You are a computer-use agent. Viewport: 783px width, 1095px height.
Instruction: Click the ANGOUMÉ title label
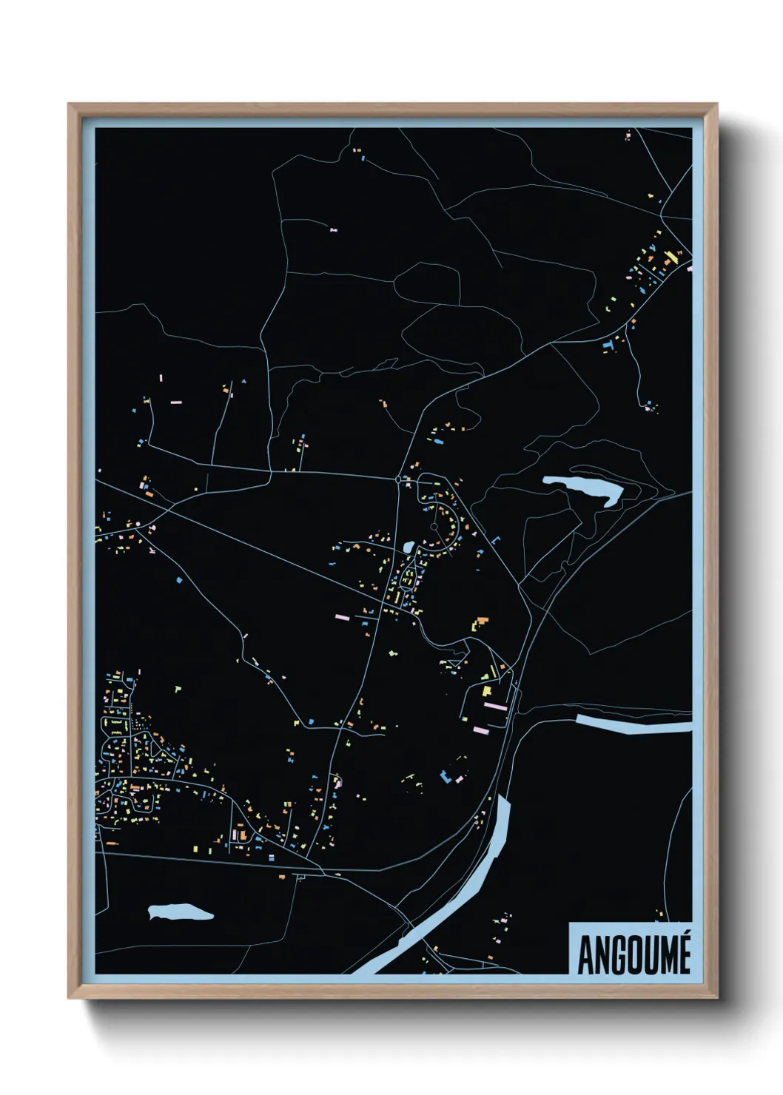point(634,954)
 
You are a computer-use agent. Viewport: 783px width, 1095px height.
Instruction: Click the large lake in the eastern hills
point(585,488)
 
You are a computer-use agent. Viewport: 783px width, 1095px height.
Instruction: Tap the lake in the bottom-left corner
point(180,912)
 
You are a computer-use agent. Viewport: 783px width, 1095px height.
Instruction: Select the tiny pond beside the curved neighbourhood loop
point(409,547)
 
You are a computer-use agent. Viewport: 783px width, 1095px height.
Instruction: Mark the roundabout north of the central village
point(400,480)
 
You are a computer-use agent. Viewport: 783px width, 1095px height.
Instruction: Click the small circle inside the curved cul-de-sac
point(434,527)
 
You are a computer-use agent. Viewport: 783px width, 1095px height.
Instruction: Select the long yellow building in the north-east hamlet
point(671,258)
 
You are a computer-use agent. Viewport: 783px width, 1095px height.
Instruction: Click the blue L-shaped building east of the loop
point(494,540)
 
